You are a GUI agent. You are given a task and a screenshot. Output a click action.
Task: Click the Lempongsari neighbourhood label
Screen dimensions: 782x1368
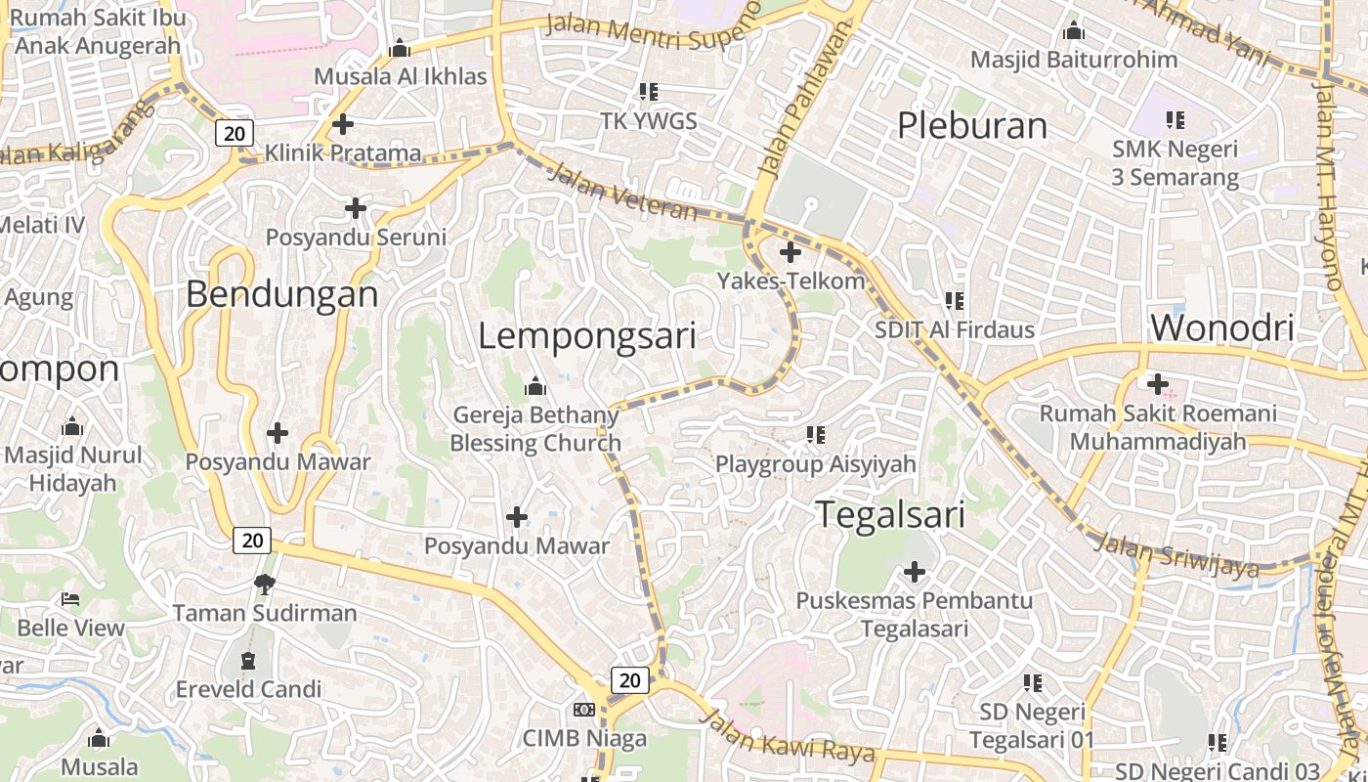(x=587, y=335)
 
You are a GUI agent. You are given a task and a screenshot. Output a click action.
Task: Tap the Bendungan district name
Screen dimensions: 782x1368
(x=281, y=293)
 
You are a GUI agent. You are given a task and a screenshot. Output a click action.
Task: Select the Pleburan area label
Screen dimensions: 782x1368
(x=971, y=125)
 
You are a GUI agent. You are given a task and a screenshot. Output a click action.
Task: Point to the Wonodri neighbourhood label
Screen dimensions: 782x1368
(x=1222, y=327)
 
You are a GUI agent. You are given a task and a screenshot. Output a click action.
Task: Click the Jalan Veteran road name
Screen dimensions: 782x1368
(x=623, y=193)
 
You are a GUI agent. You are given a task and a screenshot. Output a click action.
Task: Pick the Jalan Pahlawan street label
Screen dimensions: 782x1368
(x=797, y=103)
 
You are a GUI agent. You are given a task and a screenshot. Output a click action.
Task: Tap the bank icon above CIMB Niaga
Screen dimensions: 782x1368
(x=584, y=710)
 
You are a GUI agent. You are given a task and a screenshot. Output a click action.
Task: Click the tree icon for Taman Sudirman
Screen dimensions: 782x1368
(x=264, y=585)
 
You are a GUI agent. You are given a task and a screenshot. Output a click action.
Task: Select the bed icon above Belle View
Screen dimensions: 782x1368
(x=70, y=598)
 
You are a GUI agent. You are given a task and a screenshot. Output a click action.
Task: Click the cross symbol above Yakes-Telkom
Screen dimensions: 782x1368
(x=791, y=252)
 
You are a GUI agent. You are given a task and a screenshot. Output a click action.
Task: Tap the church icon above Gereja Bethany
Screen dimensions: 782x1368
(x=534, y=387)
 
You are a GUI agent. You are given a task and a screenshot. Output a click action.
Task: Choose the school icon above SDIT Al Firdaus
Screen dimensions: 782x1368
(x=954, y=301)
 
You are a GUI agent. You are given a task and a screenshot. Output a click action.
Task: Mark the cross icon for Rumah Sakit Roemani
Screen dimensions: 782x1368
(x=1158, y=384)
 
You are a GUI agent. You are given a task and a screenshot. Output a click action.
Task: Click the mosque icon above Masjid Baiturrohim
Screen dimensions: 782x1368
(x=1074, y=31)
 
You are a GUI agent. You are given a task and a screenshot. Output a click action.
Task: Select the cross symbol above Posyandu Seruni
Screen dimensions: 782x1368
(x=356, y=208)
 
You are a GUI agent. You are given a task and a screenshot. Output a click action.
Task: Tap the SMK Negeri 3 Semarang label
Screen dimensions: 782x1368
(x=1175, y=163)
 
